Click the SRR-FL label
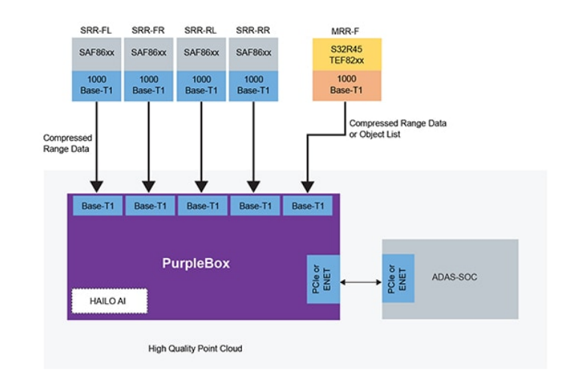click(x=95, y=31)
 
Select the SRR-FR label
click(x=148, y=31)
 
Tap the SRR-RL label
click(x=201, y=31)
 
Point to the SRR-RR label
click(x=253, y=31)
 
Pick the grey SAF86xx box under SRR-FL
click(x=96, y=53)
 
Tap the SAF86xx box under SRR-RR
click(x=253, y=53)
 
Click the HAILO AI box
click(x=110, y=300)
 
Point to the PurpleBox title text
click(x=196, y=263)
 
